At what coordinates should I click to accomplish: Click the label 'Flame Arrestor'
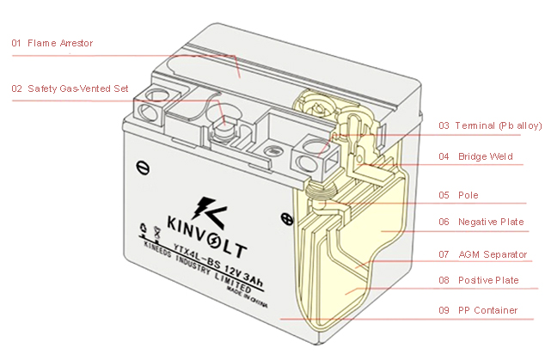pos(59,43)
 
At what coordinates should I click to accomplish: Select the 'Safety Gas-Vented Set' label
pos(80,88)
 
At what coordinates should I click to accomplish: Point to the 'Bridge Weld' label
pos(487,157)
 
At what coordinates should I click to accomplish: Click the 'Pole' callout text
pos(468,195)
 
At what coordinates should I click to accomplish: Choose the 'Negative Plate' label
pos(490,222)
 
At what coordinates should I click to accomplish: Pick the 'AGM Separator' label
pos(492,254)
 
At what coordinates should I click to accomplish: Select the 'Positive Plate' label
pos(487,280)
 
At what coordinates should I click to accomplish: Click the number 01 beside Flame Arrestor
pos(16,43)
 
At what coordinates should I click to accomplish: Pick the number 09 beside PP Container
pos(444,310)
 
